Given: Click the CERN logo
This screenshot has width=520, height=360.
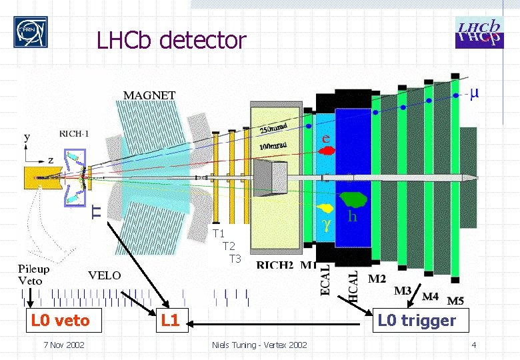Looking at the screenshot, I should [31, 33].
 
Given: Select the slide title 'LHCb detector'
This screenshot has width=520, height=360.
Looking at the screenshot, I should [171, 41].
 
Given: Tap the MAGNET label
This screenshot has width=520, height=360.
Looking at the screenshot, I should [149, 95].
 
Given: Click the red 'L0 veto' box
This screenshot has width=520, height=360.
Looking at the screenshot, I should [61, 321].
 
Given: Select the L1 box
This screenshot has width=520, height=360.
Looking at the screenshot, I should [170, 321].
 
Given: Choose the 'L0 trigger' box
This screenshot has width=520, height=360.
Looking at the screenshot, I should [417, 321].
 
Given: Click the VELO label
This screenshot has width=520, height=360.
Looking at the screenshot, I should [105, 275].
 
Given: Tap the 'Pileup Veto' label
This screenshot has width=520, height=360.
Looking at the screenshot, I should [33, 275].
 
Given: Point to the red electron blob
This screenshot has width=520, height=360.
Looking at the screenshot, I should [327, 151].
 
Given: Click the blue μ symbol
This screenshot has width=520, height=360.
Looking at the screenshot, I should [473, 93].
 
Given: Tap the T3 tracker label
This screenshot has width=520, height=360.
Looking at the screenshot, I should [234, 259].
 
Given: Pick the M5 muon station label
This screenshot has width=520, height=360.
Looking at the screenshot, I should [456, 301].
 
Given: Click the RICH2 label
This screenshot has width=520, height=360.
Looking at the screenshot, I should [275, 265].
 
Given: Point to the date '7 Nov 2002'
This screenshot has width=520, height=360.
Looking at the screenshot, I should [63, 345].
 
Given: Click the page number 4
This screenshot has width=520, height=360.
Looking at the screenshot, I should [473, 345].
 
